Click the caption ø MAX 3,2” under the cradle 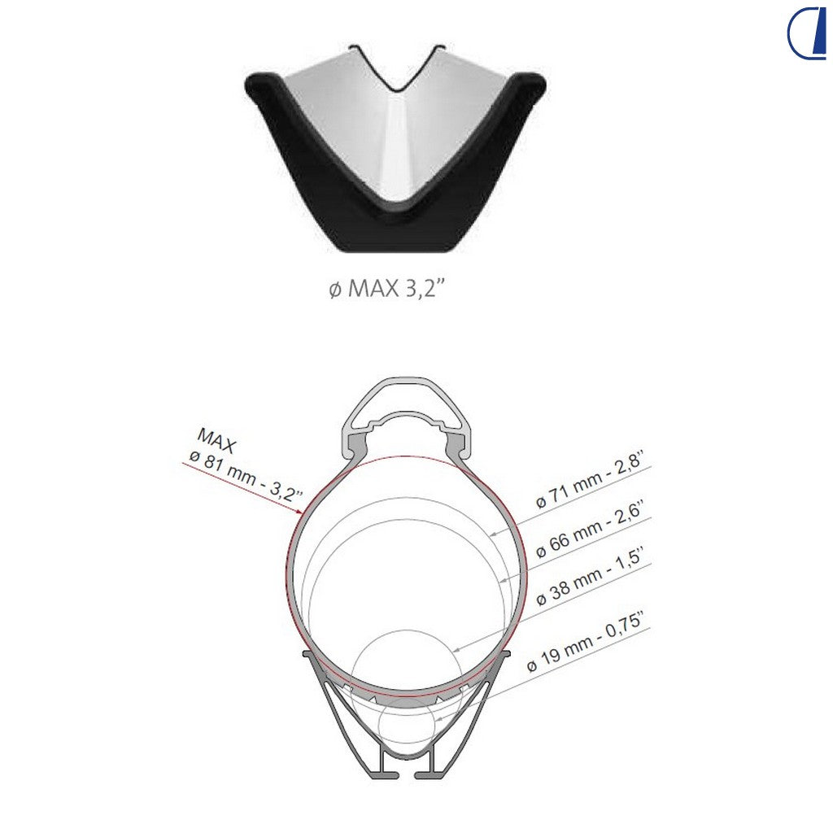pyautogui.click(x=386, y=289)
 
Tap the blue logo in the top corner pyautogui.click(x=807, y=33)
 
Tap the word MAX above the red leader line pyautogui.click(x=216, y=440)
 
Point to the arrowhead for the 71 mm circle pyautogui.click(x=494, y=534)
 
